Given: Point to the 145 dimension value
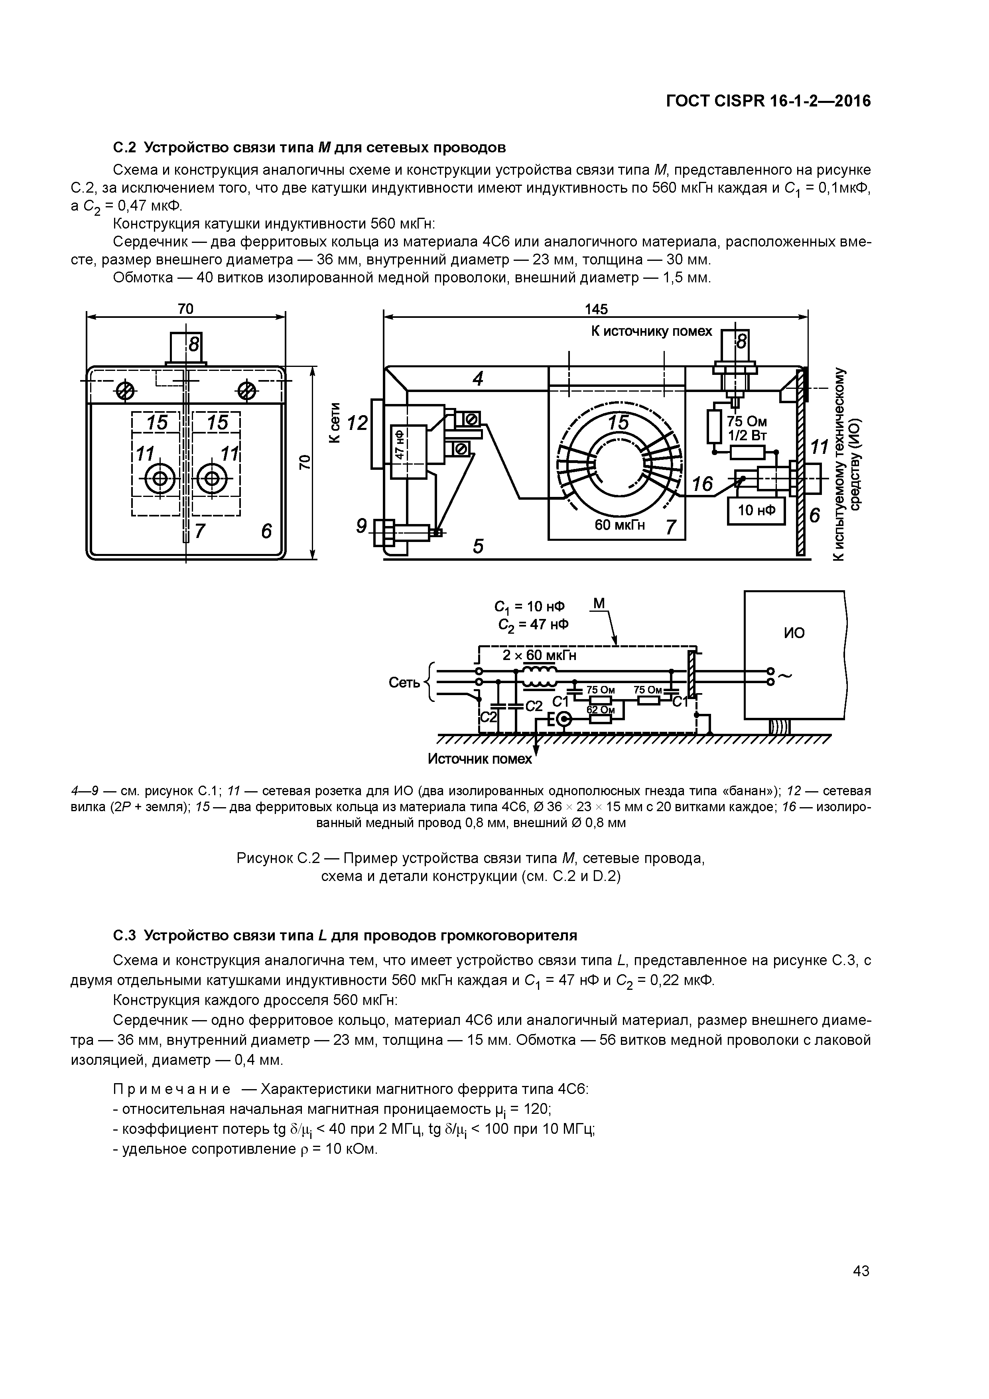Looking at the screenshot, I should (595, 309).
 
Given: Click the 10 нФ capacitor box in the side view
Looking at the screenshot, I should (756, 510).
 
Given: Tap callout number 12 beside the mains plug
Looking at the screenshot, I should (358, 422).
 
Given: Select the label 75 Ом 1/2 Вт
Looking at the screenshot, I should (747, 428).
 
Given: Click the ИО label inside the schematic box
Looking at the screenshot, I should (794, 633).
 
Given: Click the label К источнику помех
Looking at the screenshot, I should (651, 331).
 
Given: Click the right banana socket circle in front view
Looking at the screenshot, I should (212, 478).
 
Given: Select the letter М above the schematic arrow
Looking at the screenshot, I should (599, 603).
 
